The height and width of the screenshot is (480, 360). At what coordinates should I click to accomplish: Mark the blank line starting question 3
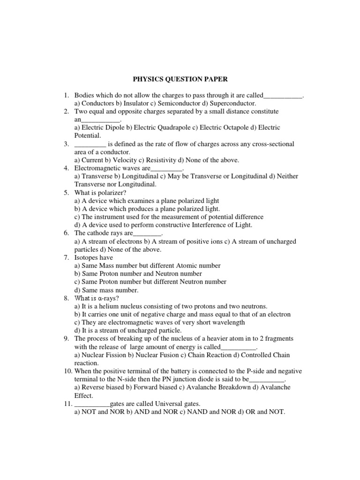tap(90, 144)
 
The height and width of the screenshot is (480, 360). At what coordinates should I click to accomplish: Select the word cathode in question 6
tap(99, 233)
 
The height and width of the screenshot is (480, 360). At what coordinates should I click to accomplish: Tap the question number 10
tap(67, 371)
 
